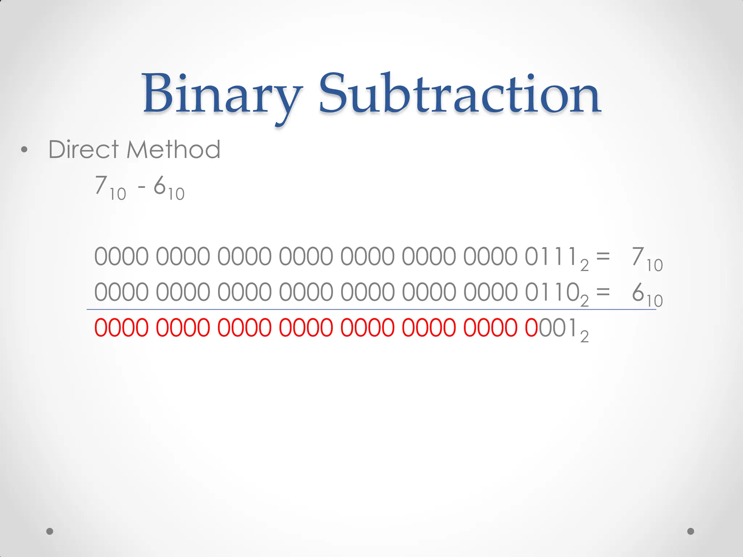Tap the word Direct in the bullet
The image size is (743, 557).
(x=83, y=149)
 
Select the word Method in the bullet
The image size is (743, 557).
(x=173, y=149)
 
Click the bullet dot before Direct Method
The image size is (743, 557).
(x=24, y=150)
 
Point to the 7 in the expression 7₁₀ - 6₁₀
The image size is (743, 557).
(x=101, y=185)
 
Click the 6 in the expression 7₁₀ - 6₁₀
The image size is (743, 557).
(x=160, y=185)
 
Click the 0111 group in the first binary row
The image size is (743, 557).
(x=551, y=257)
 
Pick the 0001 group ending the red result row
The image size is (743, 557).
(x=551, y=327)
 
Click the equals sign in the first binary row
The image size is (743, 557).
(x=603, y=256)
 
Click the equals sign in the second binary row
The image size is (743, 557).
(x=603, y=292)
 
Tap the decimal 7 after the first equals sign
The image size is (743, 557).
(x=638, y=257)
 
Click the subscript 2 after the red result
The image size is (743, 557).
(x=584, y=337)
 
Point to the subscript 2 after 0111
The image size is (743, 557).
(x=584, y=266)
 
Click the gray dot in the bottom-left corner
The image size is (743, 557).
(x=50, y=531)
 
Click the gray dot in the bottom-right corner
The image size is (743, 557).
(x=691, y=531)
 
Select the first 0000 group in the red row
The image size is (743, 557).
(x=122, y=327)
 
